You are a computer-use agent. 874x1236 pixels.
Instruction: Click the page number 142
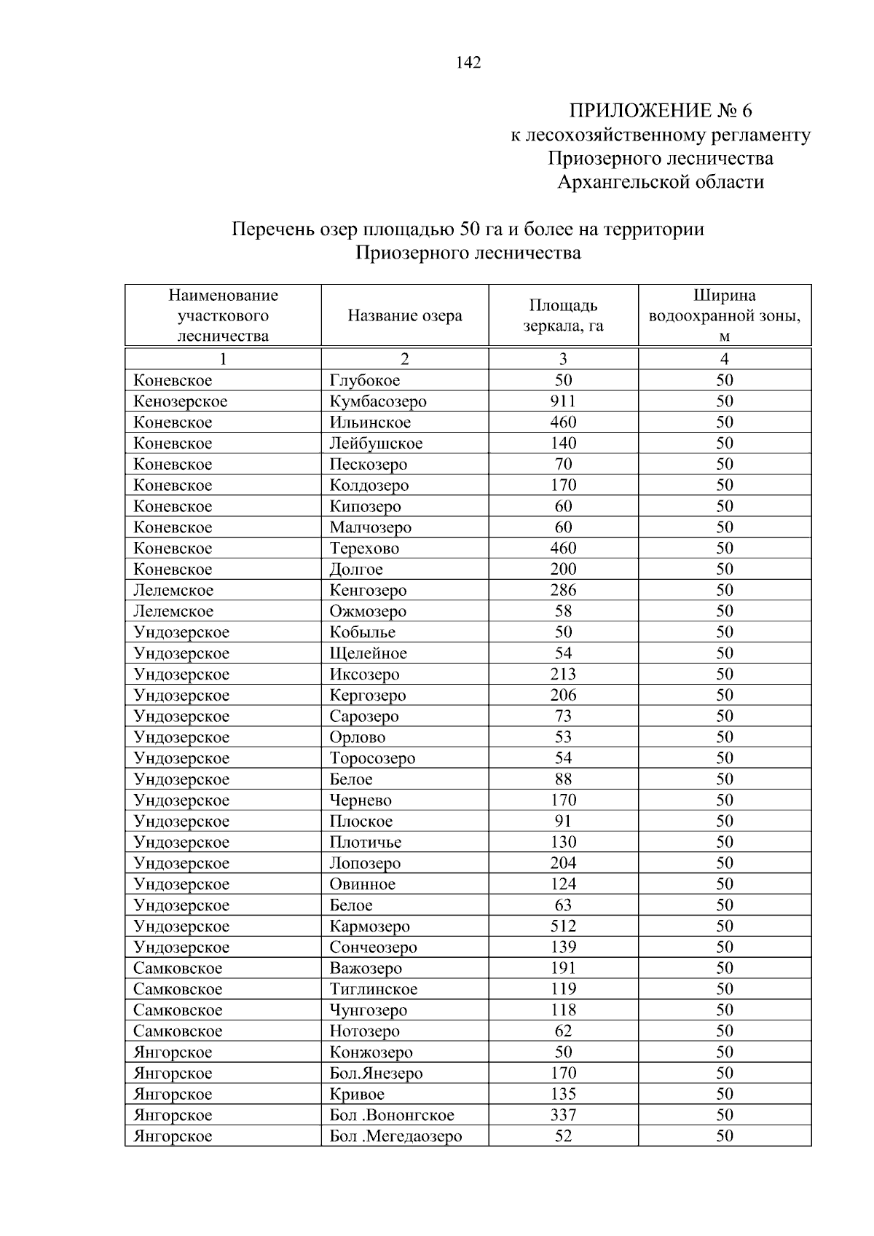pos(468,63)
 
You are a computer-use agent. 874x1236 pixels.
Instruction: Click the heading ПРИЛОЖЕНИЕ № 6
pos(660,111)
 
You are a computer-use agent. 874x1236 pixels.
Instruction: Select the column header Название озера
pos(404,315)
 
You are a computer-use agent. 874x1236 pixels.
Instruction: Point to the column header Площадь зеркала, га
pos(563,315)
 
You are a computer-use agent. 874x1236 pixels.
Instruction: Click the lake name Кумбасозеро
pos(378,401)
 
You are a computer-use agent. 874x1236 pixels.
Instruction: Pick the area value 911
pos(563,401)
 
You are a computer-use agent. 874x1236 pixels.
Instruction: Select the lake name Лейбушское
pos(376,444)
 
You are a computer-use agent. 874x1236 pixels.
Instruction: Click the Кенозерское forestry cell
pos(181,401)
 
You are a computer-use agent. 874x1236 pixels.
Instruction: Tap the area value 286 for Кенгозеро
pos(563,590)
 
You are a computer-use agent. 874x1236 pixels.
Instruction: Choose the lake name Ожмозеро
pos(368,611)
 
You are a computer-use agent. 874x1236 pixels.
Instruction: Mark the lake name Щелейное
pos(368,653)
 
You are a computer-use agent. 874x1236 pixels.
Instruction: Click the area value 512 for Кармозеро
pos(563,926)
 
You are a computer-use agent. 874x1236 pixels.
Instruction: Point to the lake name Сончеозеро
pos(373,948)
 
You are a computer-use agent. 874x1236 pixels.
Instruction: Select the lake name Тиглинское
pos(374,989)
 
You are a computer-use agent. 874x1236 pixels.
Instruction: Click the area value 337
pos(563,1115)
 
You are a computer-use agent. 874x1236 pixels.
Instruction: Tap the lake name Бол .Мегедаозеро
pos(395,1136)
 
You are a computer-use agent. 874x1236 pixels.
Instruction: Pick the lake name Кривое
pos(357,1094)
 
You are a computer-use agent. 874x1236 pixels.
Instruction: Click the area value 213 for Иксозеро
pos(563,674)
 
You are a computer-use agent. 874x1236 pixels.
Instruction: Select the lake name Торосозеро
pos(372,758)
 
